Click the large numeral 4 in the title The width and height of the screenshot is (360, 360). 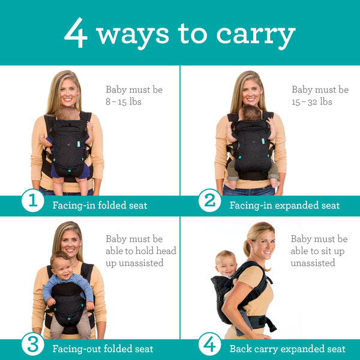(76, 34)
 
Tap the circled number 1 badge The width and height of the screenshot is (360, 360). (32, 202)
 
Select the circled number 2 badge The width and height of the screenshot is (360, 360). (209, 202)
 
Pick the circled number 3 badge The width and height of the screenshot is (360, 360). (32, 345)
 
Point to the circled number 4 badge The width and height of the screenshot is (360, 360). (209, 345)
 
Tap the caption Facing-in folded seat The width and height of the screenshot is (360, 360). (100, 205)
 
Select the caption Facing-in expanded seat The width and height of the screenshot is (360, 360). (284, 205)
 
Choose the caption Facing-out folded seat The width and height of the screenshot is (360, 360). (103, 349)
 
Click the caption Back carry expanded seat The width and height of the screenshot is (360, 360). (287, 349)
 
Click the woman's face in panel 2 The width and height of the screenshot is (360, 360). (251, 91)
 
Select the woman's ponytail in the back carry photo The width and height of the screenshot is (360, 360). (247, 247)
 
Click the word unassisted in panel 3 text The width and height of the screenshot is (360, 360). (135, 263)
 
